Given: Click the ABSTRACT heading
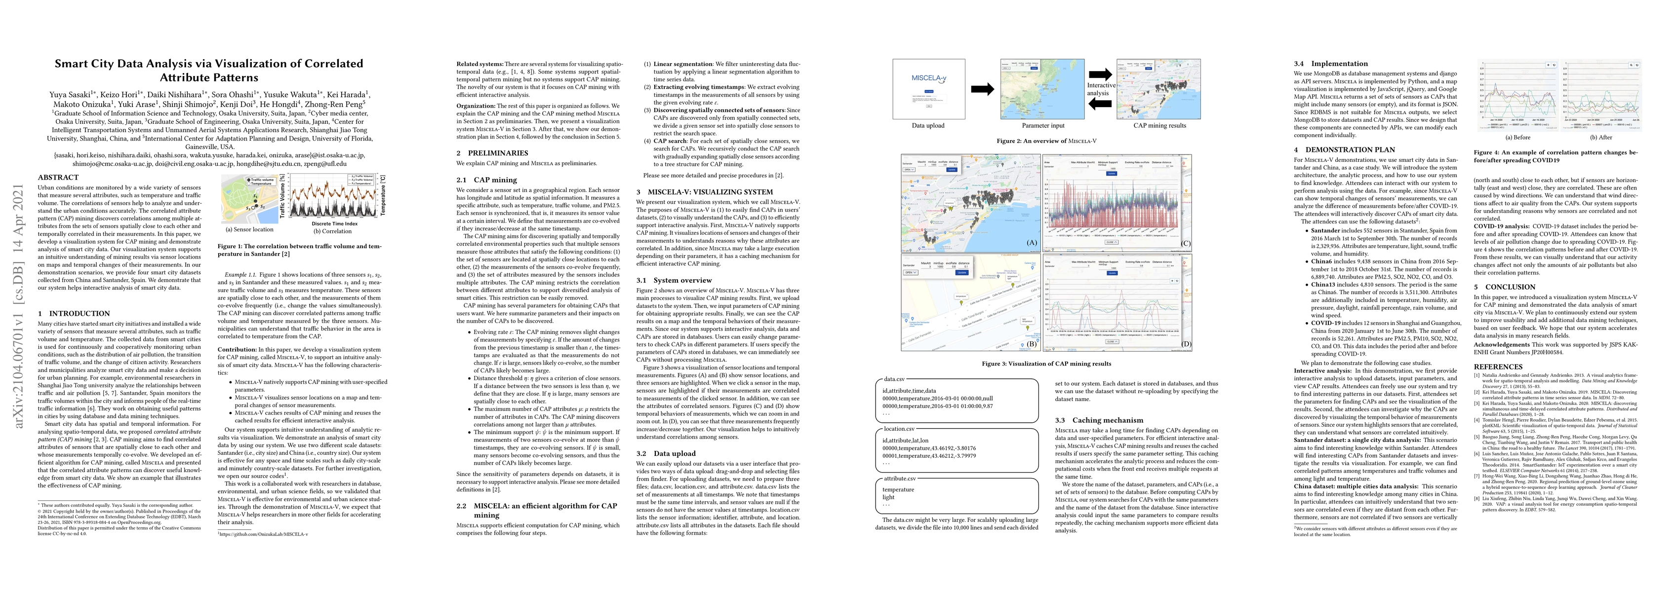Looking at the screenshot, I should coord(58,178).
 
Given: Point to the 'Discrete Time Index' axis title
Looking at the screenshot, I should coord(334,223).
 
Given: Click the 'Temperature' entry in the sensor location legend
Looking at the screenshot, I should coord(261,183).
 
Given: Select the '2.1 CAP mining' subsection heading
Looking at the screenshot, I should coord(486,180).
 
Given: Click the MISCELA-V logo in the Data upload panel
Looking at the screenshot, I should coord(928,78).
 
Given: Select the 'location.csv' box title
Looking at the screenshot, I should coord(899,429).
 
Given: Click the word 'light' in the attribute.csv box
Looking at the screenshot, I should coord(888,497).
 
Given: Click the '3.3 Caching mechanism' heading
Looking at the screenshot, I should coord(1098,420).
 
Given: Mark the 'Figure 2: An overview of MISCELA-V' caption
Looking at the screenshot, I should coord(1046,141).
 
